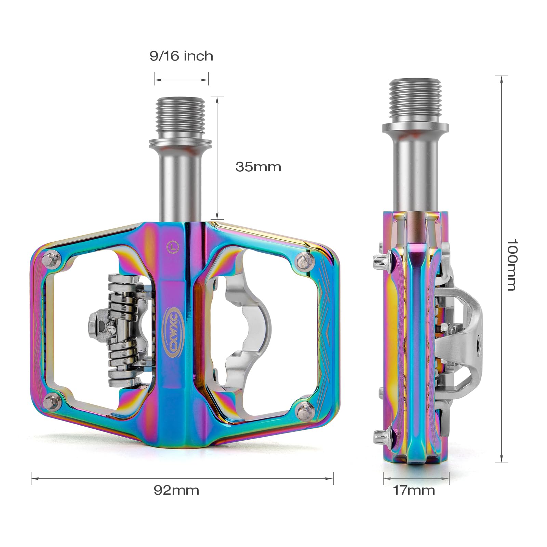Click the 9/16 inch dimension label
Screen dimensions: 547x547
(181, 56)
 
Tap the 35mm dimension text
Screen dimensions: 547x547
(258, 167)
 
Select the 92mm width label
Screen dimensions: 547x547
(176, 490)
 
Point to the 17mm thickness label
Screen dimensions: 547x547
(414, 490)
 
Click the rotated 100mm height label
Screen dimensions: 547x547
(511, 265)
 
